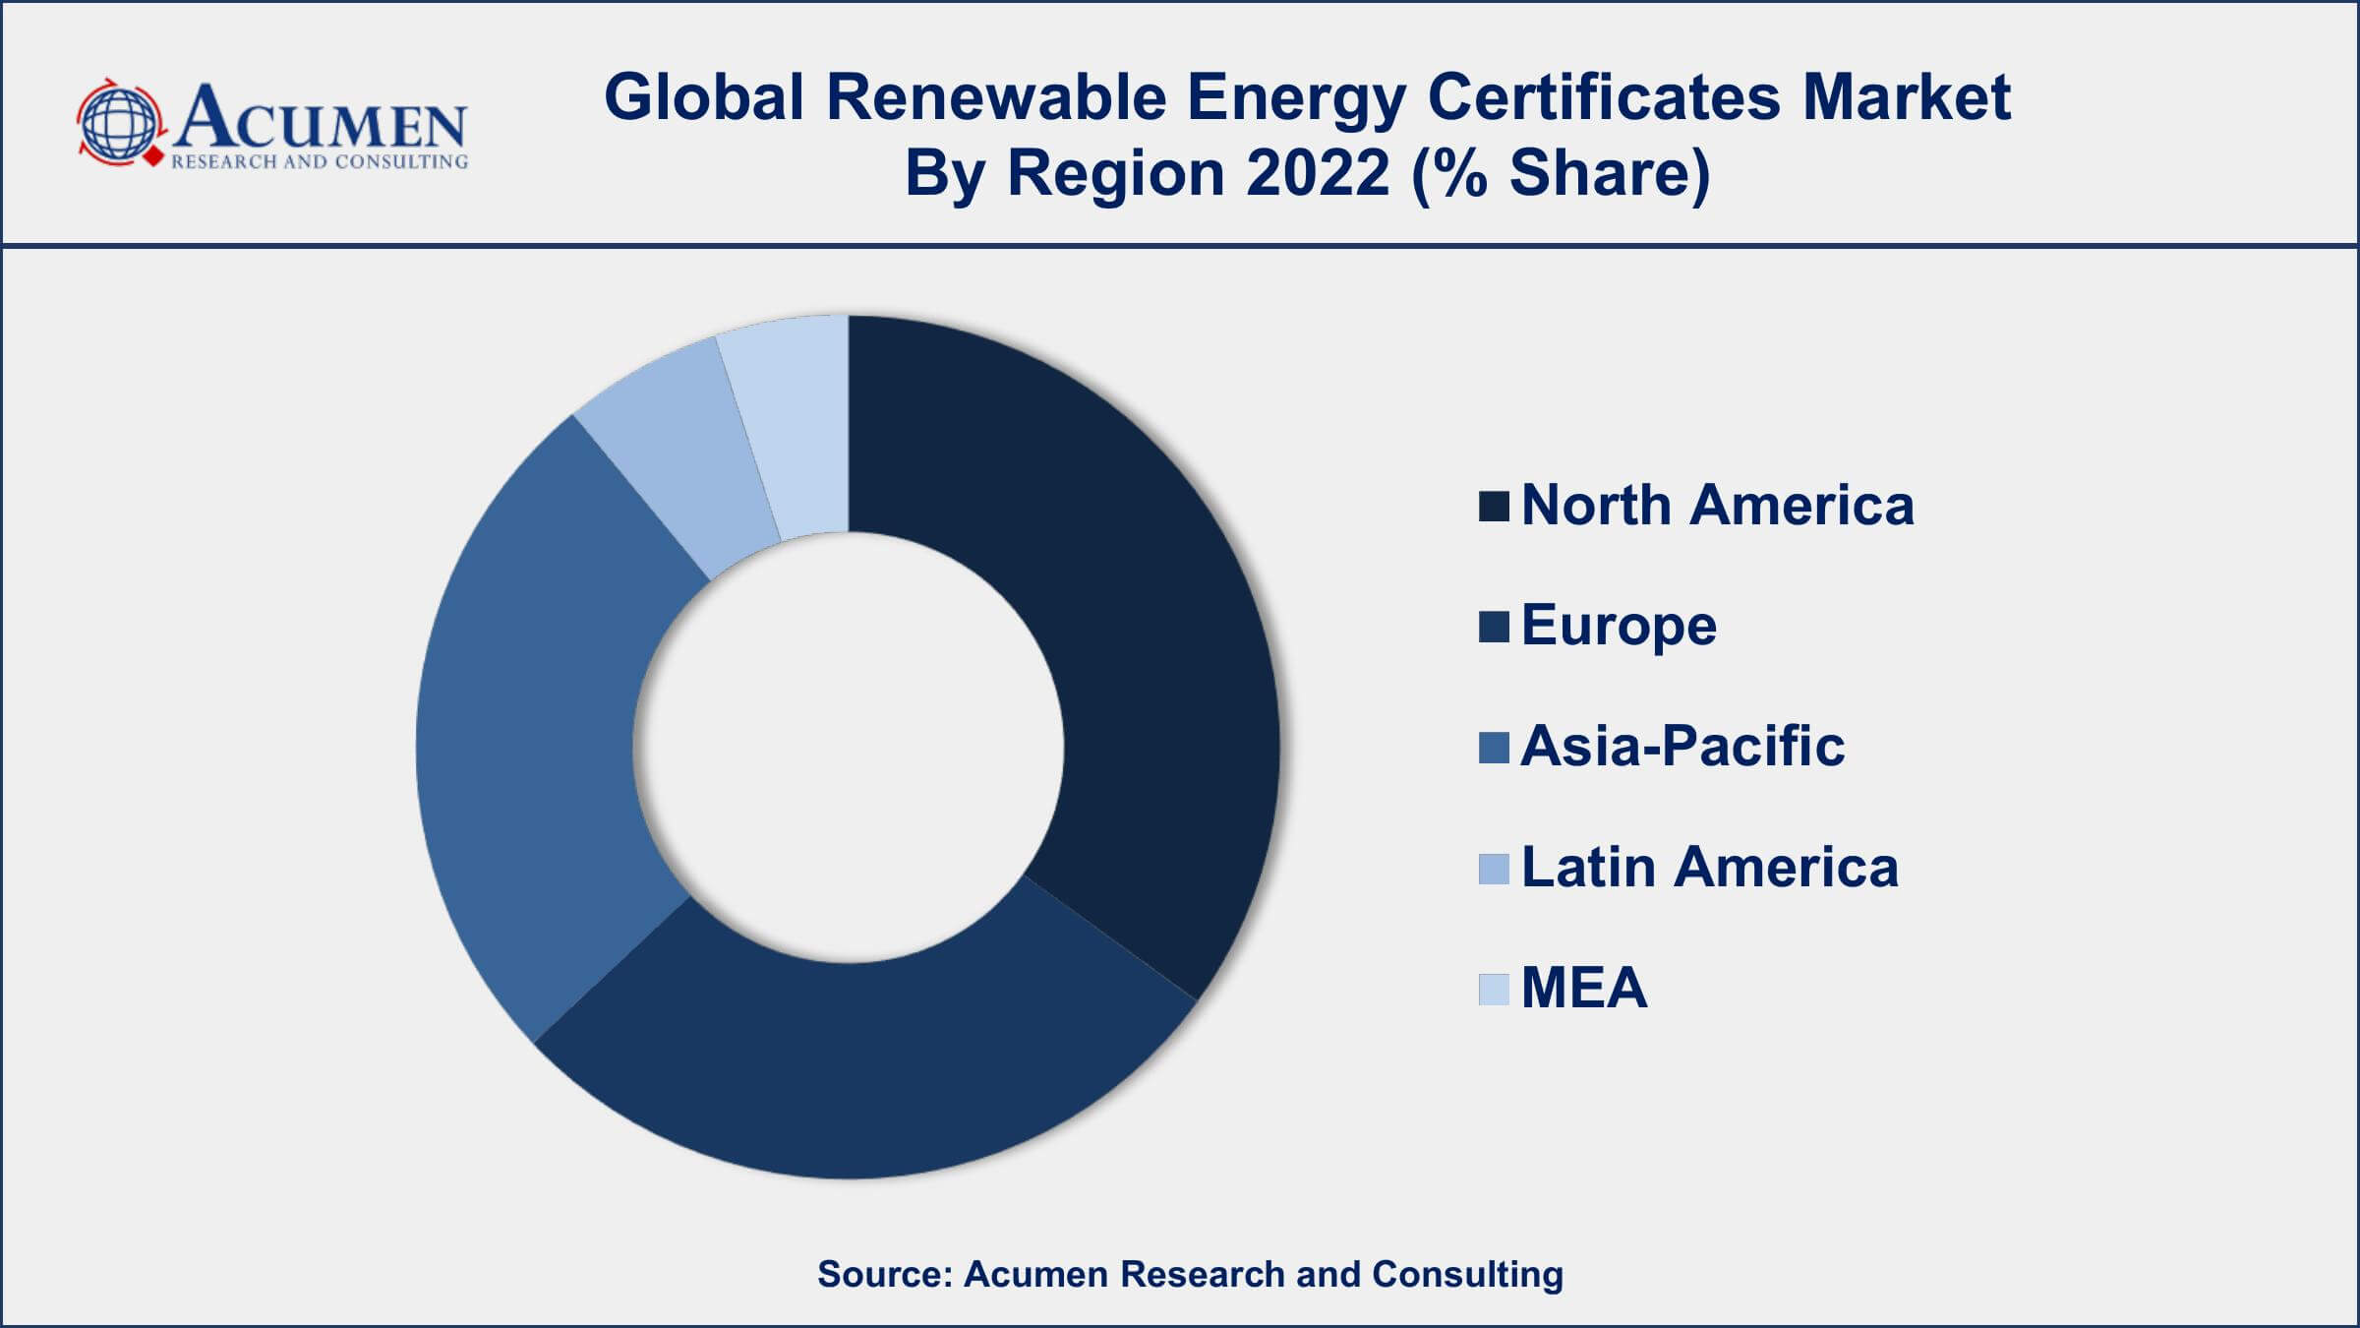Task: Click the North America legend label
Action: coord(1716,506)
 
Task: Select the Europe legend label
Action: coord(1618,626)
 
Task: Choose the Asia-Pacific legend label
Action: coord(1681,746)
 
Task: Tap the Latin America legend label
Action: coord(1709,868)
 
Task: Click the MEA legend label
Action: coord(1583,988)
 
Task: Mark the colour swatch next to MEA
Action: coord(1493,989)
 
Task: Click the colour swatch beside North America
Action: coord(1493,507)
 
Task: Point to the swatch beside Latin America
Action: coord(1493,869)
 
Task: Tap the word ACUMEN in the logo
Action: coord(320,118)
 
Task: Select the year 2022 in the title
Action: coord(1318,173)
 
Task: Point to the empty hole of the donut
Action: coord(848,748)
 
